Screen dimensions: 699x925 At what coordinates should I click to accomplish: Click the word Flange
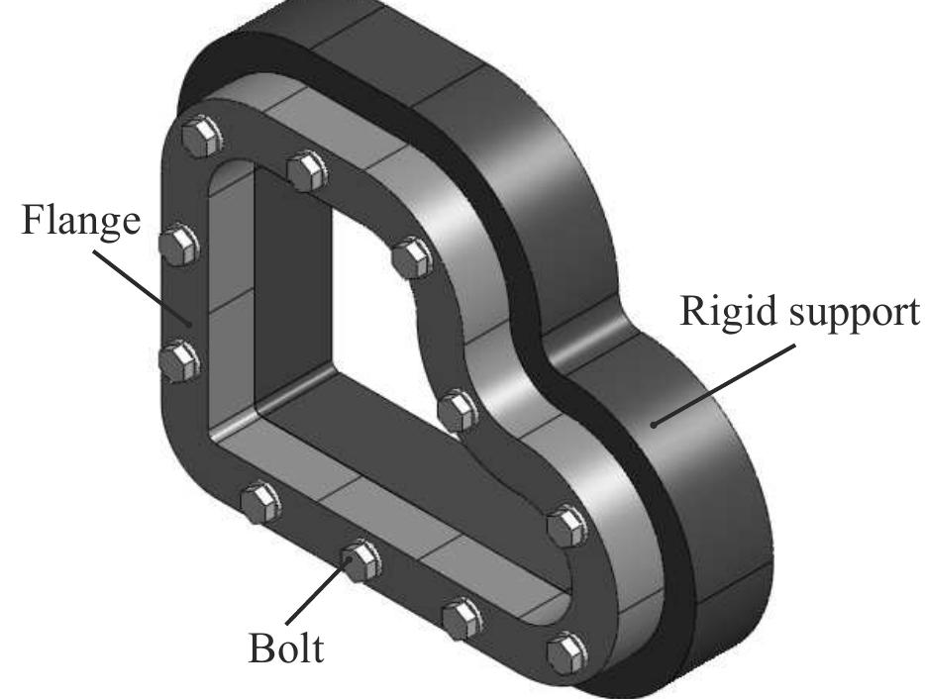point(81,221)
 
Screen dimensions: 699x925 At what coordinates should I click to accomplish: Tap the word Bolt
point(284,650)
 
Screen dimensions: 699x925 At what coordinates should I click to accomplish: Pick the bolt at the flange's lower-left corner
point(259,502)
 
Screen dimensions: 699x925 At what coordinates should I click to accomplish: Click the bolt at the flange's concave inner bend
point(458,410)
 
